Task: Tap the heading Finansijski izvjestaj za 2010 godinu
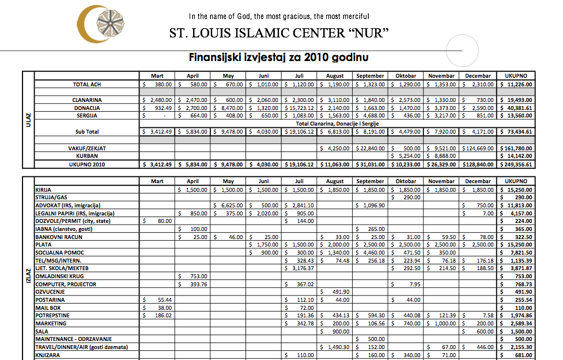[x=279, y=58]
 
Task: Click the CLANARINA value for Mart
[x=157, y=100]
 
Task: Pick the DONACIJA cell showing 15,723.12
[x=299, y=108]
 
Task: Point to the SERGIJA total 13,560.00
[x=519, y=115]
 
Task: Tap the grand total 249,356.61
[x=517, y=164]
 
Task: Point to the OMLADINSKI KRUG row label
[x=58, y=276]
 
